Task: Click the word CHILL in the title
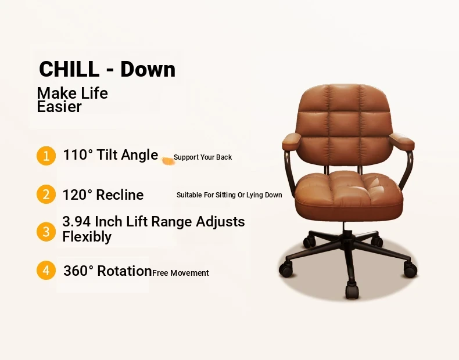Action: click(69, 69)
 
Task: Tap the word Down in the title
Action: click(148, 69)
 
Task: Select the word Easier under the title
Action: click(59, 106)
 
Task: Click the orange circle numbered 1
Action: click(46, 156)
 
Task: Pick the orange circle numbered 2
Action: click(46, 194)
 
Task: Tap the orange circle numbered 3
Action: click(46, 232)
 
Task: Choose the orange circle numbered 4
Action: click(46, 270)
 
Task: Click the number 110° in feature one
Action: click(78, 154)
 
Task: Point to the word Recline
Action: click(120, 195)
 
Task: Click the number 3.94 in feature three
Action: click(76, 221)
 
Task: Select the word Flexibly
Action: click(87, 236)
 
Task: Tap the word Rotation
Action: click(124, 271)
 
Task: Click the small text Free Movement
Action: click(181, 273)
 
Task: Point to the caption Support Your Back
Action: click(203, 157)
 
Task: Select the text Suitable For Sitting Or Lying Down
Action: click(229, 195)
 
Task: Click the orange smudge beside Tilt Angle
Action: click(168, 161)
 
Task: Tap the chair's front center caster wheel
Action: click(352, 291)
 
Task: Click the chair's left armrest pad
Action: click(292, 141)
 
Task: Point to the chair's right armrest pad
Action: click(402, 141)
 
